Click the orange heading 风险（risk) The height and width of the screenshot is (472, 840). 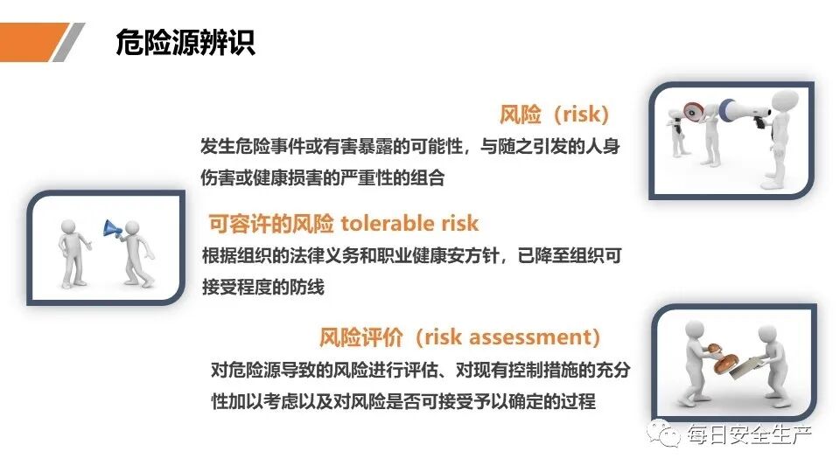coord(553,115)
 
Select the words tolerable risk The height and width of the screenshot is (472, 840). coord(409,224)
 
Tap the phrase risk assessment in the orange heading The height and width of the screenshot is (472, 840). coord(508,337)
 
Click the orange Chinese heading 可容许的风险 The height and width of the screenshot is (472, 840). coord(271,224)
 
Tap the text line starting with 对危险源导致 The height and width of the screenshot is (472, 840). coord(420,370)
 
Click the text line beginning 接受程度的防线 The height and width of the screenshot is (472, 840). coord(262,288)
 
